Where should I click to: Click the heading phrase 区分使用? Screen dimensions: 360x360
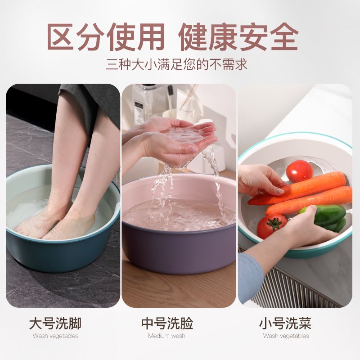106,37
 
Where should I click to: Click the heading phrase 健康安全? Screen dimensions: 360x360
238,37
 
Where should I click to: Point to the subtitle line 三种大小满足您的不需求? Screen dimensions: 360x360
176,64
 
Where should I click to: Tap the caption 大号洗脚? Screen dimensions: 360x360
55,323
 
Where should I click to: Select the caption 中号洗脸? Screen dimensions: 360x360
167,323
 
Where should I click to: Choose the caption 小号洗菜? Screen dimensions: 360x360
285,323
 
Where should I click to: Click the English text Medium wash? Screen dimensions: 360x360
166,336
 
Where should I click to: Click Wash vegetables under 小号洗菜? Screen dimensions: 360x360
286,336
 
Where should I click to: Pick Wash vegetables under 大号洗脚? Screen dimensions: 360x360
55,336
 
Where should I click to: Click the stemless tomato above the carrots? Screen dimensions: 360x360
299,171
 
